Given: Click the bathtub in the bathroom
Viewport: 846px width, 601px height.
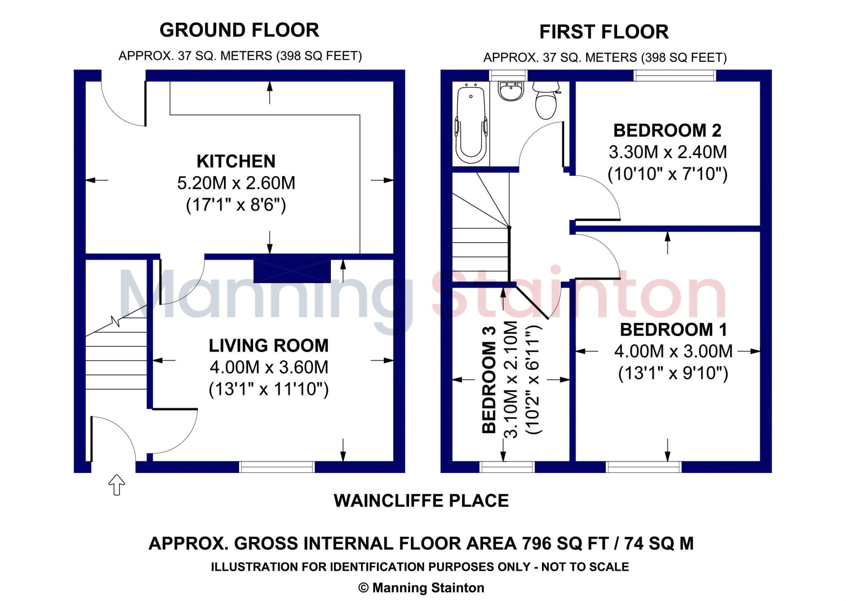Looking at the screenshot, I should (x=471, y=124).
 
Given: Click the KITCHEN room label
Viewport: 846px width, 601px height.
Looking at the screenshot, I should (x=236, y=161).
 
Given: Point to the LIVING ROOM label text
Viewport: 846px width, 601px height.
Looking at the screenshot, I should (x=269, y=346).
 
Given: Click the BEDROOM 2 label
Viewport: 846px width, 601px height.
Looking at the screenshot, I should (x=667, y=131).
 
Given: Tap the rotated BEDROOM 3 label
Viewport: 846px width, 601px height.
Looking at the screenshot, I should (x=489, y=379).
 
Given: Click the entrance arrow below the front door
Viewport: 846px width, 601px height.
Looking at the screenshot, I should (x=116, y=484).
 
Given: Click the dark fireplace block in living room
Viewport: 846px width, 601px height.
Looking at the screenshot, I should (x=292, y=271).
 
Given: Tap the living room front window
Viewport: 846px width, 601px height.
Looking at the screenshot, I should (x=277, y=467).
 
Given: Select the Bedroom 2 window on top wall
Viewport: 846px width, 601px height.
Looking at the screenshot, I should (x=675, y=76).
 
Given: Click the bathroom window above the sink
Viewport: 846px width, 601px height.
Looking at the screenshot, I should (x=508, y=76).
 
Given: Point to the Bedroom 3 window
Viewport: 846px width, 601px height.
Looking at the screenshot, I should (x=507, y=467).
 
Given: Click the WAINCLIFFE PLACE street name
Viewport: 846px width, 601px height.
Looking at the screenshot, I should (x=421, y=501).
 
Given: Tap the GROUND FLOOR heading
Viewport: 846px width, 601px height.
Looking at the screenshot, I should (x=239, y=30).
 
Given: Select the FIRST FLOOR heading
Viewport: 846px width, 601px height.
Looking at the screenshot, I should (x=604, y=32).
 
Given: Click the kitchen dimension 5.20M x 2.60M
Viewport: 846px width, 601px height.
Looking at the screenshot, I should (x=236, y=183).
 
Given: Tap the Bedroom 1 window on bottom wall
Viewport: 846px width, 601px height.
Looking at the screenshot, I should (x=643, y=467).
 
